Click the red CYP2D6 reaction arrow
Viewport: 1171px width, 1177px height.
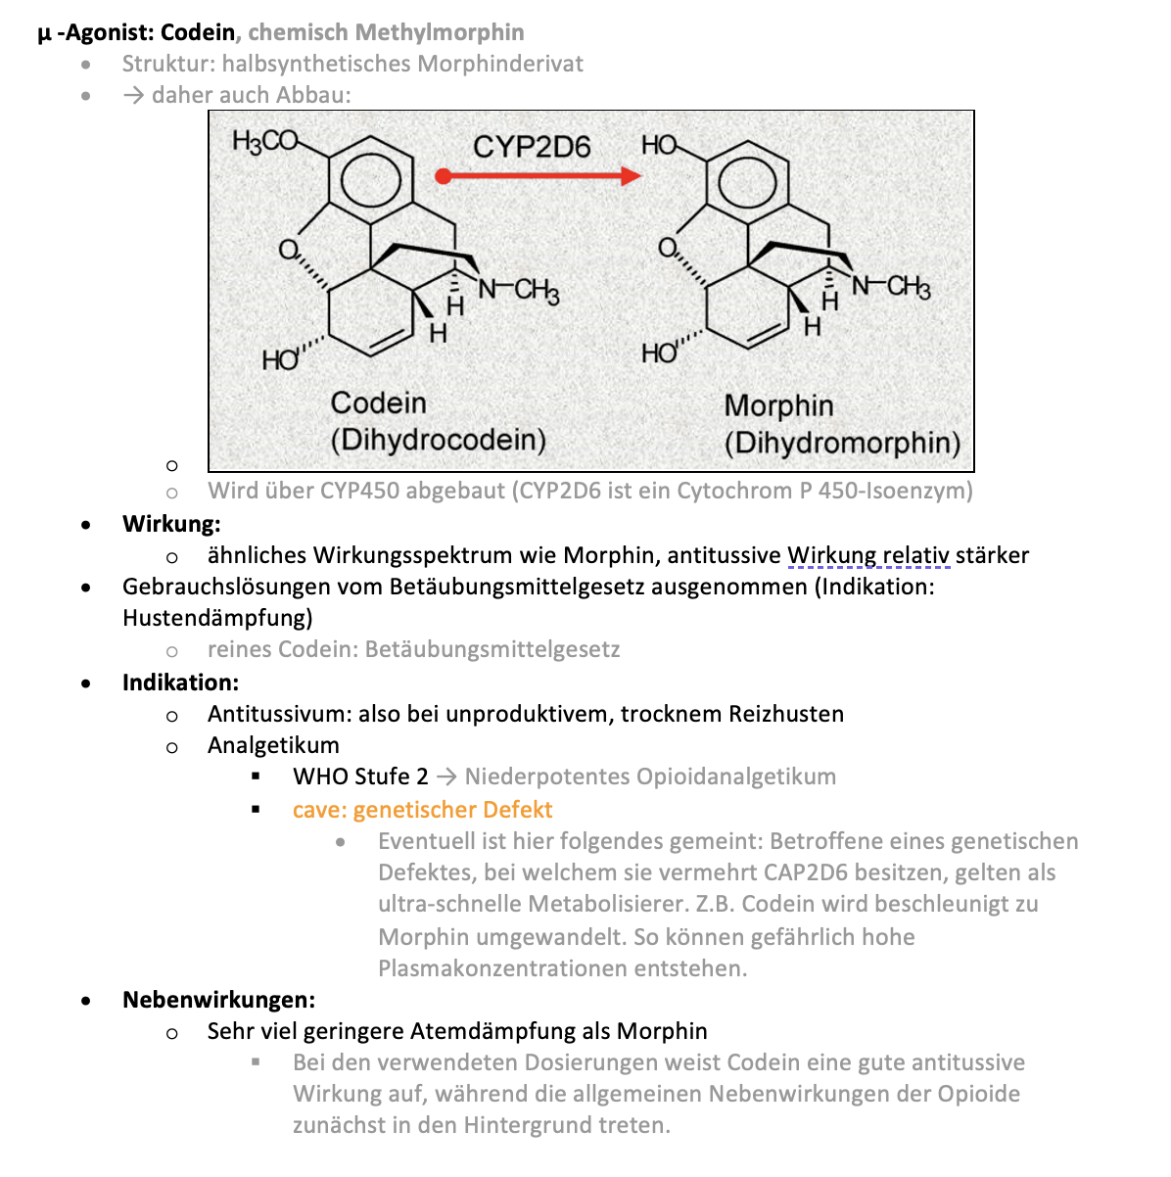[x=539, y=176]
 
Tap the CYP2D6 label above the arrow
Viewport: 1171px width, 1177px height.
[x=532, y=147]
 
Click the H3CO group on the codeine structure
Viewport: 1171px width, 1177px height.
[x=264, y=141]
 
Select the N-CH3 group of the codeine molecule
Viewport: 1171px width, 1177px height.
[x=519, y=291]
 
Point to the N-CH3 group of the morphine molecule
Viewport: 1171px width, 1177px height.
[x=891, y=287]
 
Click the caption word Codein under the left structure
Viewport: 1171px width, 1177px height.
[x=378, y=403]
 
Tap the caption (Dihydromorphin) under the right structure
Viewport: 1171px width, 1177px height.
[x=842, y=443]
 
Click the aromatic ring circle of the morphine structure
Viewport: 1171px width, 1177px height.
[x=747, y=182]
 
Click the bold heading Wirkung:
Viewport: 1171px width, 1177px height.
[x=171, y=524]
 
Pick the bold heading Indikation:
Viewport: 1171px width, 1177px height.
[x=180, y=683]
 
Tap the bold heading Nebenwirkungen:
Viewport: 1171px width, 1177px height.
[x=218, y=1000]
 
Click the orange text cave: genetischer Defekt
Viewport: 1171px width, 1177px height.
[x=422, y=810]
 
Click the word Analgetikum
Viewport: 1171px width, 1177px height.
[x=273, y=745]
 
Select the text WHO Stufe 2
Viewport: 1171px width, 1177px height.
[x=360, y=777]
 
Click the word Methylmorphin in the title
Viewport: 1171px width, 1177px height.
[x=440, y=32]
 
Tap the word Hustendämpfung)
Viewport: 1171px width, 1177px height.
[x=217, y=618]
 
